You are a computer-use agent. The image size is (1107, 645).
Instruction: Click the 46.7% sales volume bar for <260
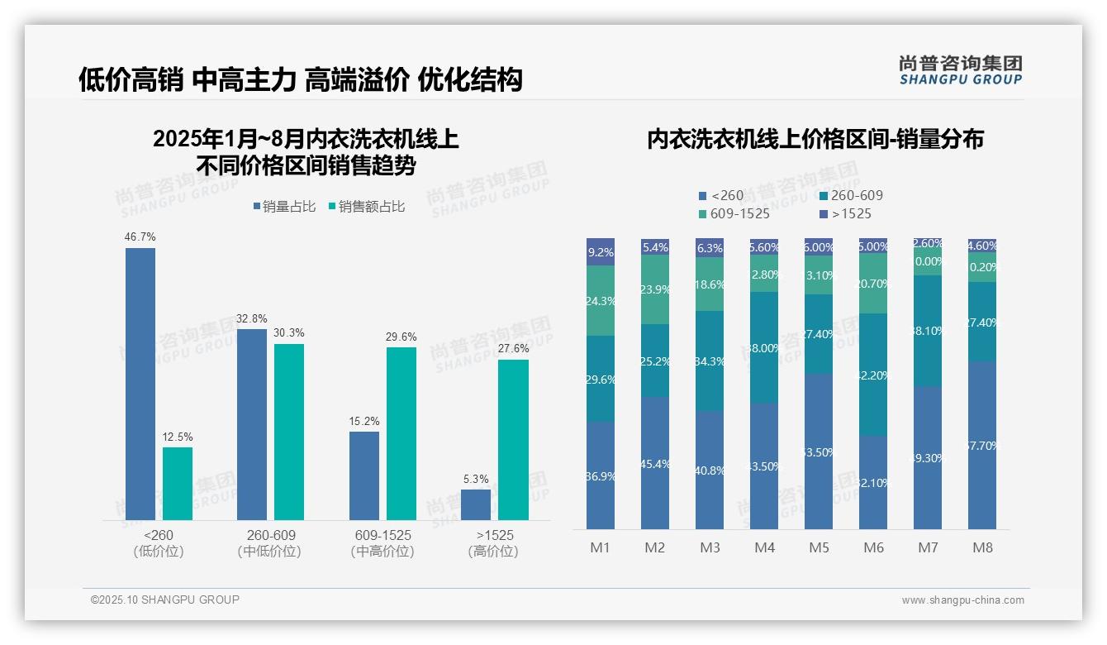coord(140,384)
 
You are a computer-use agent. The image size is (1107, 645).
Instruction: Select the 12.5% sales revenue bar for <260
coord(178,484)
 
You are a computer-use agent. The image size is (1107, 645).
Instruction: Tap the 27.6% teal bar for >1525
coord(513,440)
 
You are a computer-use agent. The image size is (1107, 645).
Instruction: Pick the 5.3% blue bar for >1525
coord(476,504)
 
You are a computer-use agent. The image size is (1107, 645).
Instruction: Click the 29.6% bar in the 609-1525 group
coord(401,433)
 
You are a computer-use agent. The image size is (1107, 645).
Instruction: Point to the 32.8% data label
coord(252,318)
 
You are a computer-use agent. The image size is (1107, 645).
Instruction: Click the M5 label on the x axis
coord(819,547)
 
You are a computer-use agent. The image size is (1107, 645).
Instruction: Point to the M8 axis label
coord(982,547)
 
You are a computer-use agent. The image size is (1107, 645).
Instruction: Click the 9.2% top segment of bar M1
coord(601,252)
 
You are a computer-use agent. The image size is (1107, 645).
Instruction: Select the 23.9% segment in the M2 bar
coord(655,289)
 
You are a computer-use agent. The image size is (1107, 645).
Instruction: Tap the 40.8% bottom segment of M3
coord(710,470)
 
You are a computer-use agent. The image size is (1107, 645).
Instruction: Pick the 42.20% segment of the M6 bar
coord(873,375)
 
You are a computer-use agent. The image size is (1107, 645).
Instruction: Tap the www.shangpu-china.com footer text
coord(962,600)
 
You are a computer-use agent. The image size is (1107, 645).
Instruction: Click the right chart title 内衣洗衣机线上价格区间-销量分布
coord(815,140)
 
